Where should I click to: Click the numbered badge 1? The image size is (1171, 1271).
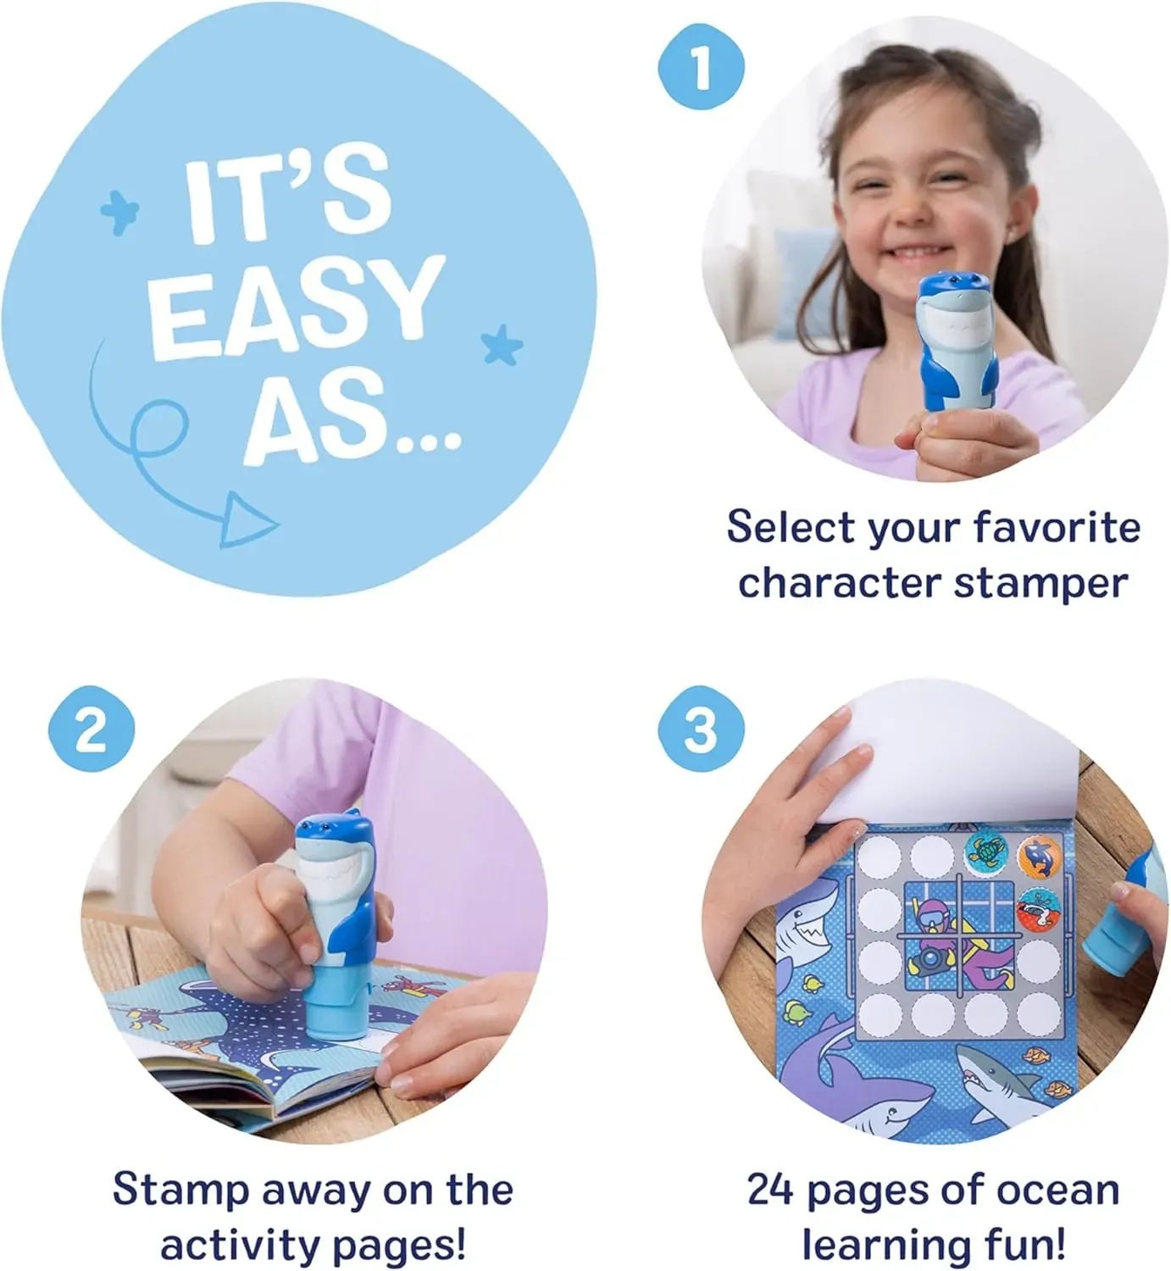point(702,67)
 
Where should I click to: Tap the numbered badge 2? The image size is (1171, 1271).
point(92,729)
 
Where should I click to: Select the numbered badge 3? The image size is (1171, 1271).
point(702,729)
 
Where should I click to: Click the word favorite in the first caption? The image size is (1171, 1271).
point(1057,526)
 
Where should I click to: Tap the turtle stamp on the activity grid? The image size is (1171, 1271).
point(986,854)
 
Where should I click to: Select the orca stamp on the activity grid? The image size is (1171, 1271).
point(1039,855)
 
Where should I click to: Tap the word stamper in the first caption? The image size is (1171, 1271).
point(1041,584)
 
